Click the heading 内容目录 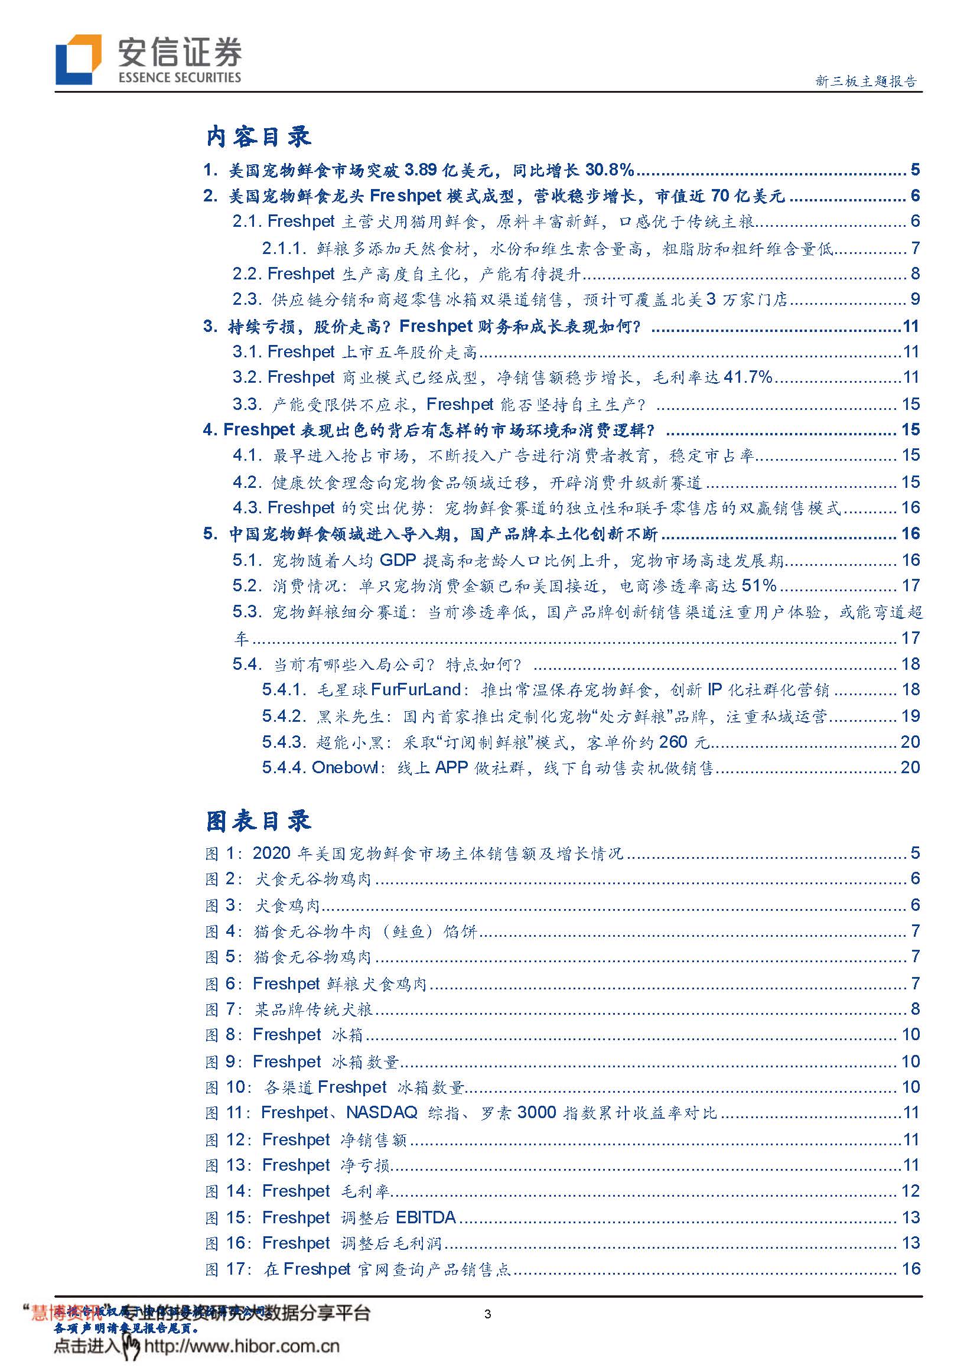[x=258, y=136]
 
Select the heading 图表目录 [x=258, y=820]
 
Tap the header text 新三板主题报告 [x=867, y=81]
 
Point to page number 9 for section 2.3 [x=914, y=299]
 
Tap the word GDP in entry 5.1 [x=398, y=560]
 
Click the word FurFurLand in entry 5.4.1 [x=416, y=689]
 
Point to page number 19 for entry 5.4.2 [x=910, y=716]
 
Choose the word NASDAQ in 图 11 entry [x=382, y=1112]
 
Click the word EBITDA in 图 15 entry [x=426, y=1217]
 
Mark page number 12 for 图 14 [x=910, y=1191]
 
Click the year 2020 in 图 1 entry [x=272, y=853]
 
